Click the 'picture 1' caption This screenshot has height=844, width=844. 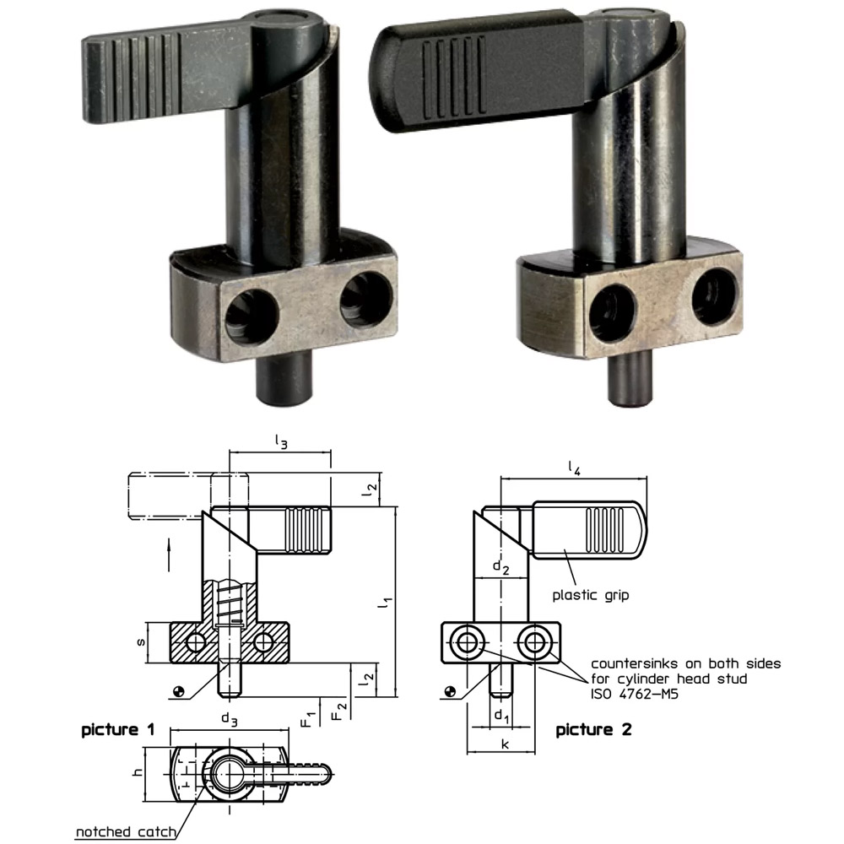click(x=117, y=729)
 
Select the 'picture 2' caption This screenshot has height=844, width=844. click(x=593, y=729)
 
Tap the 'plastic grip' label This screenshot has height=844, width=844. click(x=591, y=594)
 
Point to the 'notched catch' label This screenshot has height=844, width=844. click(x=126, y=832)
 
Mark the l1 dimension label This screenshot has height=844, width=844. click(x=385, y=603)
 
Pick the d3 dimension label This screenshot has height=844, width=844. click(x=229, y=719)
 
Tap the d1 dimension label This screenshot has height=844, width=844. click(x=501, y=717)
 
